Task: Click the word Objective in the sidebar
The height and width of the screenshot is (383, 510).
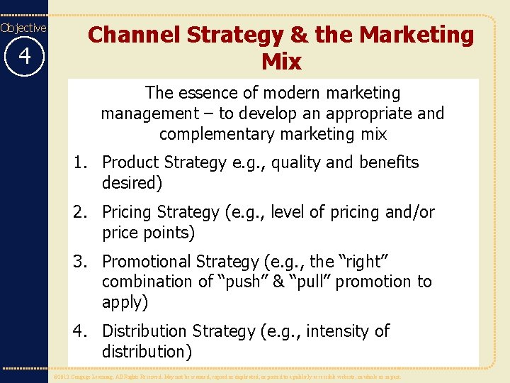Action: pos(23,28)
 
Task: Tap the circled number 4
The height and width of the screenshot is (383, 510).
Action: pos(23,55)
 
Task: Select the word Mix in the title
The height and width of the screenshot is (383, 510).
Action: pos(281,62)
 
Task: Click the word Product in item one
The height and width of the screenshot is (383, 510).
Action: pos(131,162)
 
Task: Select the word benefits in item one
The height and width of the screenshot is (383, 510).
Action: pos(389,162)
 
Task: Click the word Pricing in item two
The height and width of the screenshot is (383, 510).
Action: pos(128,212)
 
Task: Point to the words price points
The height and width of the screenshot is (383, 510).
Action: pos(148,232)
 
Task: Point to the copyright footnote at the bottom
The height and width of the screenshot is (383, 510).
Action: pos(227,377)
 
